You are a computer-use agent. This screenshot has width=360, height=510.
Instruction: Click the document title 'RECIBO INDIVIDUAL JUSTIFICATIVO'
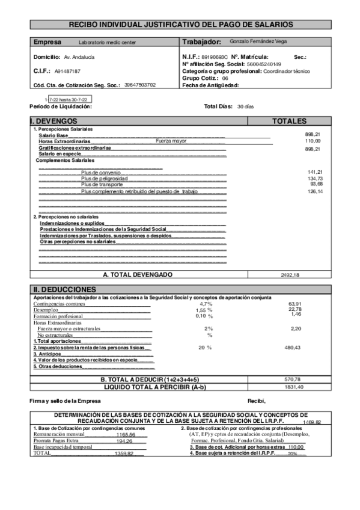tap(181, 25)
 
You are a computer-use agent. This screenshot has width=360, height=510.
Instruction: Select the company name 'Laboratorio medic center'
tap(108, 43)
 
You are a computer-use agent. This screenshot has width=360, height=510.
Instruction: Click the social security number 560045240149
tap(264, 64)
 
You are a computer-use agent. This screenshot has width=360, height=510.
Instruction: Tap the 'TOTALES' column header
tap(289, 121)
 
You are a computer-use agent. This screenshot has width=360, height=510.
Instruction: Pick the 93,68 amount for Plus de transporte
tap(316, 184)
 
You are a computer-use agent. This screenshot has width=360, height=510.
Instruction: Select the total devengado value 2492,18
tap(290, 275)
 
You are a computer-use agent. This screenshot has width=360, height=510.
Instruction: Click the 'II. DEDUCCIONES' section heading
tap(64, 289)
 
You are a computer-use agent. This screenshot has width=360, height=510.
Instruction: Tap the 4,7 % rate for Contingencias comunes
tap(206, 304)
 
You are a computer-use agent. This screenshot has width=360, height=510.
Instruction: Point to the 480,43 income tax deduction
tap(291, 348)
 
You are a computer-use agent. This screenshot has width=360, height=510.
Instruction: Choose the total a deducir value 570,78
tap(291, 380)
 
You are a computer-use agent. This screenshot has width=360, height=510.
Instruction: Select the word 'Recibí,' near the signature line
tap(256, 401)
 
